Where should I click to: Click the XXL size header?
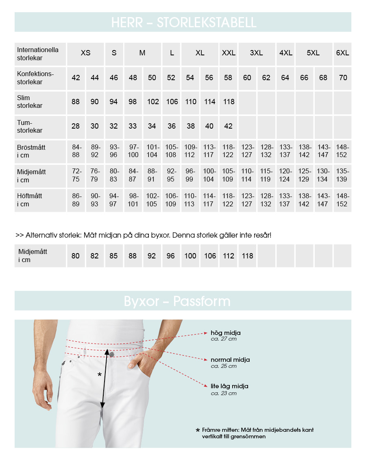(x=229, y=53)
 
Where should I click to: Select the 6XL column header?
(x=342, y=53)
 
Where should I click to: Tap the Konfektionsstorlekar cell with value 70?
(x=343, y=78)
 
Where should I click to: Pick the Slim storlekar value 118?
(x=229, y=102)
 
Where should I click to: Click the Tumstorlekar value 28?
(x=76, y=126)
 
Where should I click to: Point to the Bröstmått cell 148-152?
(x=343, y=151)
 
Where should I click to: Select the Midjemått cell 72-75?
(x=76, y=175)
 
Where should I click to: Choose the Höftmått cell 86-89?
(x=76, y=200)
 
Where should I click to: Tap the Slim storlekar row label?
(x=30, y=102)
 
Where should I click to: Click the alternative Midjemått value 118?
(x=247, y=256)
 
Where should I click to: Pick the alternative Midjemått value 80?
(x=76, y=256)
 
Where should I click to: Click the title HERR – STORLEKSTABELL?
(x=183, y=22)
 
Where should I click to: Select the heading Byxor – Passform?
(x=177, y=301)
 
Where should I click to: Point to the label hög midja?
(x=225, y=333)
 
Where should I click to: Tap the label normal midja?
(x=230, y=360)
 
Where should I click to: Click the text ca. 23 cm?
(x=224, y=393)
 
